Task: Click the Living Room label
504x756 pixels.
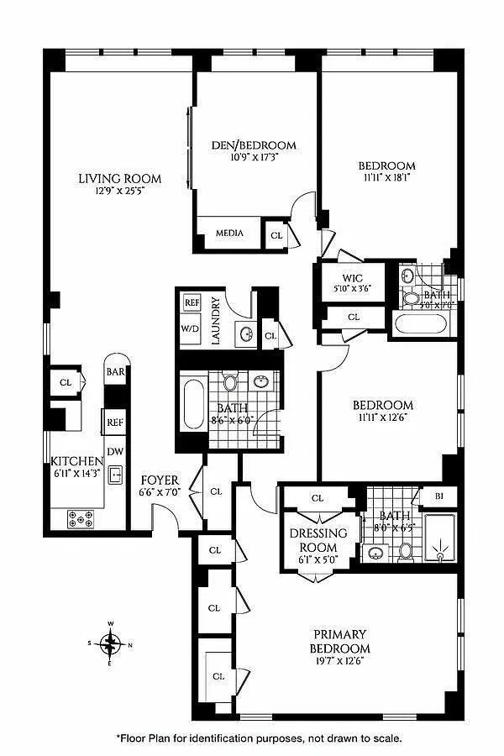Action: pyautogui.click(x=119, y=179)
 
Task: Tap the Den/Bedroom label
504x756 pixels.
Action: pyautogui.click(x=253, y=145)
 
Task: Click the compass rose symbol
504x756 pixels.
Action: pyautogui.click(x=110, y=645)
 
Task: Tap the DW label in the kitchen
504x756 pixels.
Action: pyautogui.click(x=114, y=451)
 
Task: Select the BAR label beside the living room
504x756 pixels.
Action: pyautogui.click(x=114, y=370)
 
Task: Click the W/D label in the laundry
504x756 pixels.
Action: pyautogui.click(x=191, y=328)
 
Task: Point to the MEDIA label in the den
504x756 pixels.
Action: pyautogui.click(x=229, y=233)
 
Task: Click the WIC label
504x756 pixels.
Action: pyautogui.click(x=352, y=278)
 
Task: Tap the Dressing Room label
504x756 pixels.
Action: pyautogui.click(x=318, y=539)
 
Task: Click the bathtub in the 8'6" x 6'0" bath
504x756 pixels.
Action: pyautogui.click(x=193, y=408)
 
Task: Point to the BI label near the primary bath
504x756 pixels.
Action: pyautogui.click(x=438, y=497)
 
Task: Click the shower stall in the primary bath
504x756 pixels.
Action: pyautogui.click(x=439, y=538)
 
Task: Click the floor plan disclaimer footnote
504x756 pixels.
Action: pyautogui.click(x=259, y=738)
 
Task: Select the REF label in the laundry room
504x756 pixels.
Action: pyautogui.click(x=192, y=302)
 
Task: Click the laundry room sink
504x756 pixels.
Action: pyautogui.click(x=246, y=334)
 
